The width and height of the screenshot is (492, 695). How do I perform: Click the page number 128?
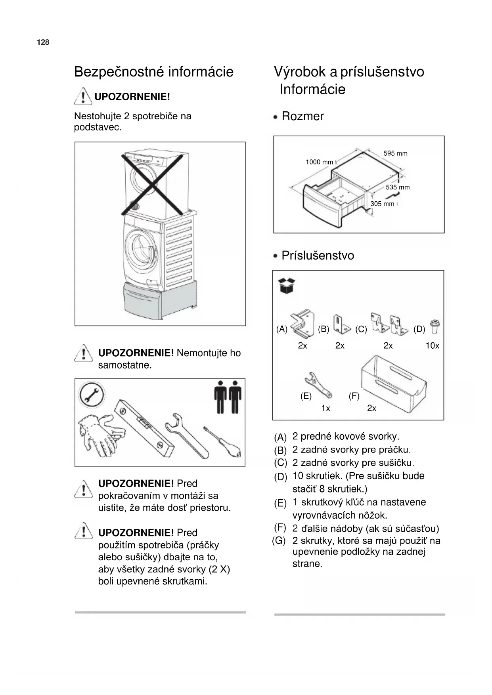click(43, 42)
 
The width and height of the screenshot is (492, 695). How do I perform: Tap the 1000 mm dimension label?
click(319, 162)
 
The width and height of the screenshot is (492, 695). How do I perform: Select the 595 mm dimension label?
click(395, 153)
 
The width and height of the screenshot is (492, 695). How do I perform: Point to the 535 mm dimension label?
click(398, 187)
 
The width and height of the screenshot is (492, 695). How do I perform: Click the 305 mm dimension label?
click(382, 204)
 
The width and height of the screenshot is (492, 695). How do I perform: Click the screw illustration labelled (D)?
click(435, 327)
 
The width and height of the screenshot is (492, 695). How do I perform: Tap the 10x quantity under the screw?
click(432, 346)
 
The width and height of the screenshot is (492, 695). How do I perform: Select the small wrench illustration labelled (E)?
click(318, 384)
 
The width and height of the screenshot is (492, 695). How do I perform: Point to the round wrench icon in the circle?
click(92, 395)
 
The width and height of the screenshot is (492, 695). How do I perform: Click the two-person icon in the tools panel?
click(228, 397)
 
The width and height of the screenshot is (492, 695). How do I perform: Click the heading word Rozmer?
click(302, 116)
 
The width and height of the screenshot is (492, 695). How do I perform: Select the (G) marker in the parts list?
click(279, 541)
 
